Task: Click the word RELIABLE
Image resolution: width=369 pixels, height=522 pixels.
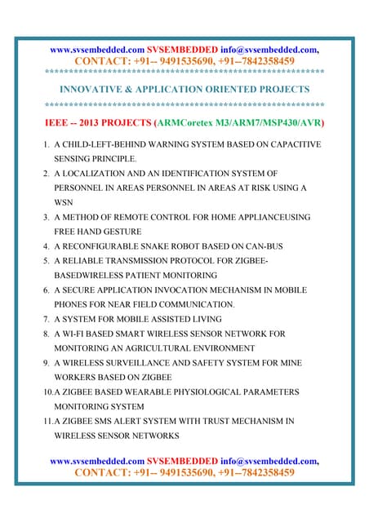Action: [87, 261]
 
